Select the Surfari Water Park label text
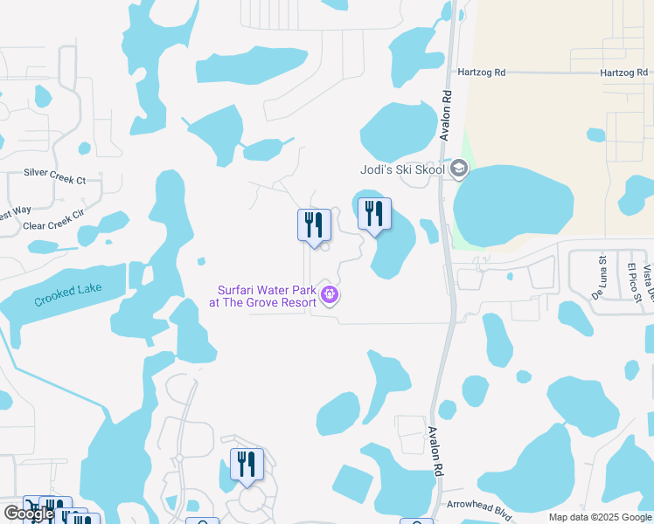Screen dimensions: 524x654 point(262,296)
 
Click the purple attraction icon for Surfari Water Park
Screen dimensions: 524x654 point(329,295)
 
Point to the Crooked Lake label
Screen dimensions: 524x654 point(68,294)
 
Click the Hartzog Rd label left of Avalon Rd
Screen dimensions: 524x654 point(481,73)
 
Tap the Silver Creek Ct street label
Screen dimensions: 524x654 point(54,180)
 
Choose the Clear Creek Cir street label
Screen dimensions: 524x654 point(52,225)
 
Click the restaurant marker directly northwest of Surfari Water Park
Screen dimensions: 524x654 point(313,225)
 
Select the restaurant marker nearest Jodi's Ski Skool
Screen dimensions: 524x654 point(374,215)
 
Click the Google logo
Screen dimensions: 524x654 point(29,514)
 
